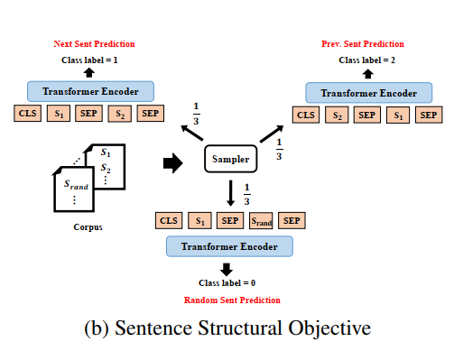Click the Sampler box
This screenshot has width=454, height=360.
(232, 161)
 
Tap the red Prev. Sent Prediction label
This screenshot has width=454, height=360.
(363, 43)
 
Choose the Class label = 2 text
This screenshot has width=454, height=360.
(366, 60)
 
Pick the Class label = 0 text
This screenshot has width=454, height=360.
(227, 283)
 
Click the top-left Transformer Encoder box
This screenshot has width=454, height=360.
(90, 91)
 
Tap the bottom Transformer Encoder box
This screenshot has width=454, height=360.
(228, 246)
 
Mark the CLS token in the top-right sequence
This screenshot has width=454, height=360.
(306, 115)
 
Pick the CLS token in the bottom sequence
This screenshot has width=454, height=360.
(168, 221)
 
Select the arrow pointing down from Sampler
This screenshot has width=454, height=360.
(231, 192)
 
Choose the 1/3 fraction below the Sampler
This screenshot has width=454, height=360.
(247, 193)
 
